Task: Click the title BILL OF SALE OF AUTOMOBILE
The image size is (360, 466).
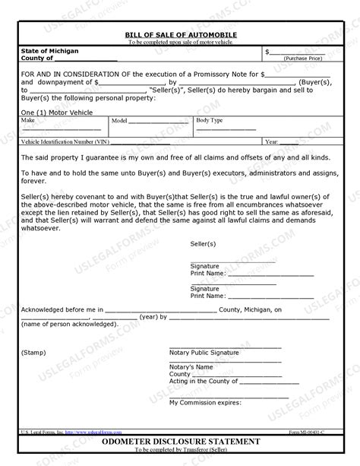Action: coord(180,36)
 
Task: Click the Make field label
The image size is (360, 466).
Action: coord(28,120)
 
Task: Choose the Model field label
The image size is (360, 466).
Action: coord(120,120)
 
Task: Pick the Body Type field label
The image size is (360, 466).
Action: coord(210,120)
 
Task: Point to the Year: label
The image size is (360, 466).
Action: coord(272,141)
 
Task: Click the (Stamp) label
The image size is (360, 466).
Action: coord(33,353)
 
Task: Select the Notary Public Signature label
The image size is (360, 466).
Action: coord(204,353)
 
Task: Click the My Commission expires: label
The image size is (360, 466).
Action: coord(206,402)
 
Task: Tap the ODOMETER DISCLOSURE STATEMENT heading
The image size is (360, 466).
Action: coord(180,441)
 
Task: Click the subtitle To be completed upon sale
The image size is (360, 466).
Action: coord(180,43)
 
